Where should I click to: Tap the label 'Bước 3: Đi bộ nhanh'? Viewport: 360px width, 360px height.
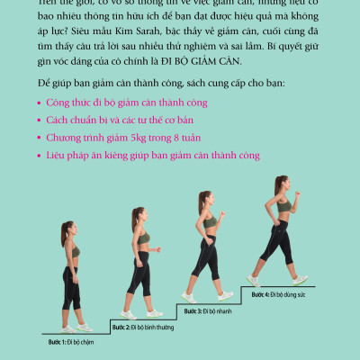(x=209, y=310)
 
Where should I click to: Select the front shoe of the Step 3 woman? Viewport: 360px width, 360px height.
(x=224, y=295)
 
